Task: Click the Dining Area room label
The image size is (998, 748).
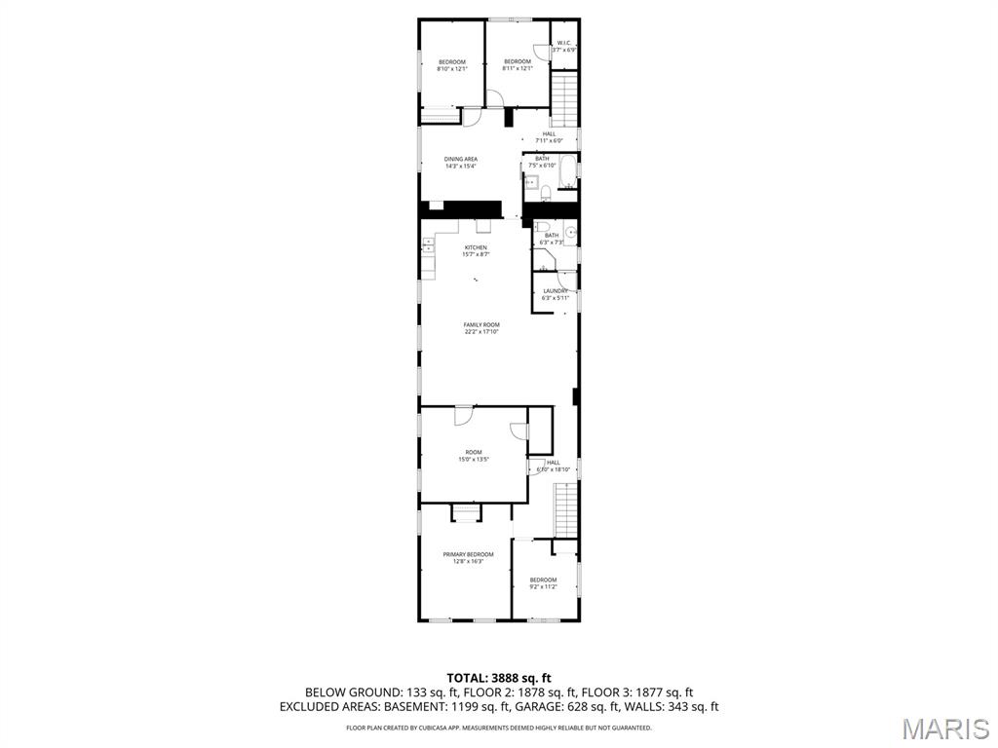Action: (461, 163)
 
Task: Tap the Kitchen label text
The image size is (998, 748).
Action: (476, 250)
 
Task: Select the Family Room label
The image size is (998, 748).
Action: (481, 328)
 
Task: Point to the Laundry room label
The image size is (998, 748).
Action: (556, 294)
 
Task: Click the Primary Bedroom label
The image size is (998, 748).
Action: (468, 557)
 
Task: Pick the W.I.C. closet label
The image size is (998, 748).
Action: (564, 46)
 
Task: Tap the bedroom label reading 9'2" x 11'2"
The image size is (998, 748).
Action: (543, 582)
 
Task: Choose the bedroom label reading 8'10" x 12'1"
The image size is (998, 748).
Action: (452, 65)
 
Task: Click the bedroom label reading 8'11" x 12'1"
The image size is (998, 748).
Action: (518, 65)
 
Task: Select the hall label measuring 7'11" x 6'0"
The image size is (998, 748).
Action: (550, 137)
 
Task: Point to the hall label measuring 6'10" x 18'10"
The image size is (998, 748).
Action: (552, 466)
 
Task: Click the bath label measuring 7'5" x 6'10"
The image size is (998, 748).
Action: (541, 162)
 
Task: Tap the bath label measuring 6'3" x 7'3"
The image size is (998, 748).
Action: (552, 238)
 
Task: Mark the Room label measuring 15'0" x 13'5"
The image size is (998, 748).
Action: (474, 455)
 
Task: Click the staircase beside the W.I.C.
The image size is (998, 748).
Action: (565, 100)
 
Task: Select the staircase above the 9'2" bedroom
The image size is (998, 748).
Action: (565, 509)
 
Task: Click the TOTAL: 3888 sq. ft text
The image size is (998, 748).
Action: (499, 678)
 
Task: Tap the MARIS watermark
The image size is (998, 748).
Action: (944, 728)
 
